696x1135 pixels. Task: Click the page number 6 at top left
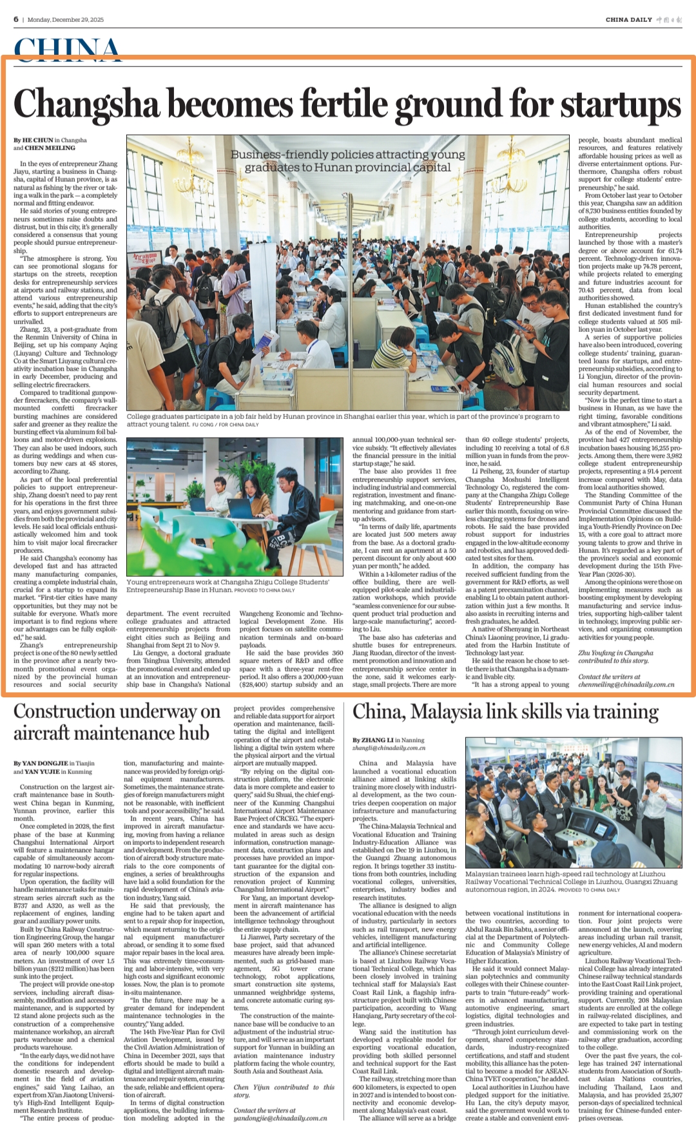coord(16,19)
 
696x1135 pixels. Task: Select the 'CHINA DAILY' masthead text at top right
coord(628,19)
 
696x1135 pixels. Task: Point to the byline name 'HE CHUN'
coord(37,140)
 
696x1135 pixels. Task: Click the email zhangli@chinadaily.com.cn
coord(389,748)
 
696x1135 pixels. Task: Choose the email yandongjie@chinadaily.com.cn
coord(280,1118)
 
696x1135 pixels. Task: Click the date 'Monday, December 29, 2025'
coord(66,19)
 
